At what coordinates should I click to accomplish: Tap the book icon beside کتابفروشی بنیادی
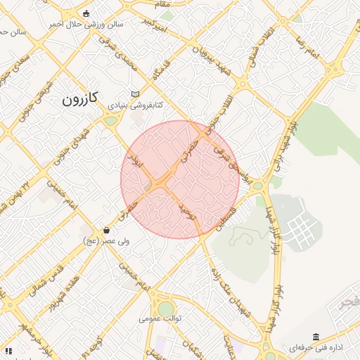click(x=136, y=94)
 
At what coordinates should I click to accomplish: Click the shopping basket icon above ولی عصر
click(x=106, y=230)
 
